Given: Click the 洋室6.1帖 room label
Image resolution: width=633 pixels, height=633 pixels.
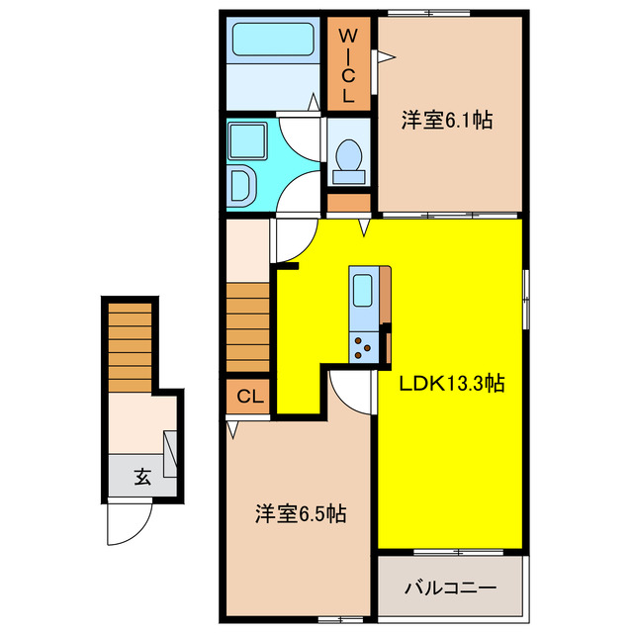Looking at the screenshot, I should (447, 122).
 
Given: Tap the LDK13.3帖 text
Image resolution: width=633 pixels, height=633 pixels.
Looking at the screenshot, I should (452, 383).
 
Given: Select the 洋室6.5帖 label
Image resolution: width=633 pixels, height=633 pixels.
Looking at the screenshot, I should (300, 514).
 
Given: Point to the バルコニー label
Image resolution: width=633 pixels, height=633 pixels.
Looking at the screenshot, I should (450, 588).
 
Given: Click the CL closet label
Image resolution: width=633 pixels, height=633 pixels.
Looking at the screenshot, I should (249, 397).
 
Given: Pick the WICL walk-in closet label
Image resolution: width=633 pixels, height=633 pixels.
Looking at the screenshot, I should (348, 66).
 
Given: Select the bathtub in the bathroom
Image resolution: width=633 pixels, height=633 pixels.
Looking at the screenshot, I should (272, 42).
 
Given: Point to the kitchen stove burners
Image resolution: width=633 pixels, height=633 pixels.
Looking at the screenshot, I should (364, 346).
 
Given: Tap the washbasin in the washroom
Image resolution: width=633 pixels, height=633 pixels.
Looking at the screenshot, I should (240, 184).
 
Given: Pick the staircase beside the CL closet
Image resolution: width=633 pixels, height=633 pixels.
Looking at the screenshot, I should (248, 326).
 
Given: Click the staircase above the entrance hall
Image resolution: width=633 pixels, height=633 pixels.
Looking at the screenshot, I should (128, 341).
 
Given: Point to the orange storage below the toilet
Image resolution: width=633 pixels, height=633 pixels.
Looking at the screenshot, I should (347, 203).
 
